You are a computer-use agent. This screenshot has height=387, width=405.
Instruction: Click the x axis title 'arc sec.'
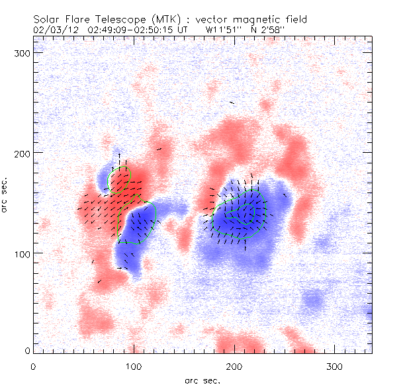click(202, 380)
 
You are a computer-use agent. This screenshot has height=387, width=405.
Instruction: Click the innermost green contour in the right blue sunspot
click(248, 212)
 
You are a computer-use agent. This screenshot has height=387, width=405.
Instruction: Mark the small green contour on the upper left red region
click(119, 179)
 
